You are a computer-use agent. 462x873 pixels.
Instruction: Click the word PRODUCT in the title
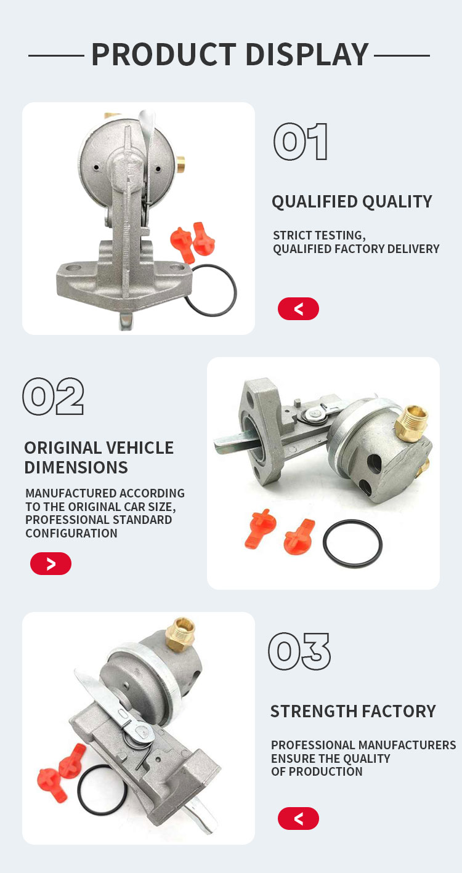[x=164, y=55]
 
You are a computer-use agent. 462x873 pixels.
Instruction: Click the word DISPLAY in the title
[x=307, y=55]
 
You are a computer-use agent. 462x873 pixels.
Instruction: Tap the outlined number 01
[x=301, y=142]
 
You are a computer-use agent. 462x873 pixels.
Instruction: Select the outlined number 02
[x=54, y=396]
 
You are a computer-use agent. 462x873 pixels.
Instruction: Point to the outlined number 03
[x=299, y=651]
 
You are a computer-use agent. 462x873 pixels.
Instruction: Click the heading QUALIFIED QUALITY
[x=352, y=202]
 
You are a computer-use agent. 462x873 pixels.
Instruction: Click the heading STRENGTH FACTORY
[x=353, y=711]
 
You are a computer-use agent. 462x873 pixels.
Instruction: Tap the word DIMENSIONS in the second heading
[x=76, y=467]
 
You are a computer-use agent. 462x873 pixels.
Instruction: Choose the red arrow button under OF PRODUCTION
[x=298, y=818]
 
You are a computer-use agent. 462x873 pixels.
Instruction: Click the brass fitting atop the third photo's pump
[x=180, y=634]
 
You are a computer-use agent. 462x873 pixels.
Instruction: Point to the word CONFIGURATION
[x=71, y=533]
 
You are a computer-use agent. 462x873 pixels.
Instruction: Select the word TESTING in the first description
[x=341, y=235]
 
